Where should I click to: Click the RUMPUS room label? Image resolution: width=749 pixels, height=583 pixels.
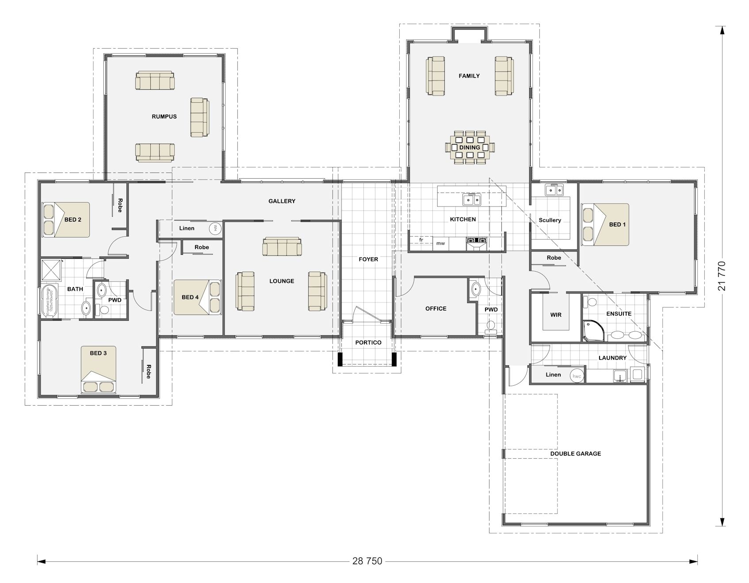pyautogui.click(x=164, y=117)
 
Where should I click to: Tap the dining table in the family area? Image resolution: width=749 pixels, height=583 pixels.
pyautogui.click(x=470, y=147)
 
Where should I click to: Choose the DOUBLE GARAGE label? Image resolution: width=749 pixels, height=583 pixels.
pyautogui.click(x=575, y=453)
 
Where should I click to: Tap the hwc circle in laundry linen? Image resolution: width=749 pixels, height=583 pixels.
pyautogui.click(x=577, y=376)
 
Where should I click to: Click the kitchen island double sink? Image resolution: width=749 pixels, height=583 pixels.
pyautogui.click(x=472, y=200)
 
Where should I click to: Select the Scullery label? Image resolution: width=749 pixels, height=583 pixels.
pyautogui.click(x=550, y=220)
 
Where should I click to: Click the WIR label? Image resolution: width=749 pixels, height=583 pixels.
pyautogui.click(x=556, y=315)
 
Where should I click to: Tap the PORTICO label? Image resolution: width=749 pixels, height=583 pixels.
pyautogui.click(x=368, y=342)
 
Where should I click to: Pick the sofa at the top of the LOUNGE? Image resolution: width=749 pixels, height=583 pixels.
pyautogui.click(x=282, y=246)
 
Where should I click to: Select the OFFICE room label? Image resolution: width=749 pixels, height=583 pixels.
pyautogui.click(x=436, y=308)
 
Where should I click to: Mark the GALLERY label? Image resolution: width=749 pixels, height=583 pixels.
pyautogui.click(x=282, y=201)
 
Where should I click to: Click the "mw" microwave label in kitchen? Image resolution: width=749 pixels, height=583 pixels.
pyautogui.click(x=440, y=243)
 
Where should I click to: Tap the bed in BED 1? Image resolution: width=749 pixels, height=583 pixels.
pyautogui.click(x=606, y=224)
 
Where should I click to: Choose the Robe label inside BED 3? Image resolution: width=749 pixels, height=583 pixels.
pyautogui.click(x=149, y=371)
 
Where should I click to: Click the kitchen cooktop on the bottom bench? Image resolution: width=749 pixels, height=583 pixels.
pyautogui.click(x=476, y=241)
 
